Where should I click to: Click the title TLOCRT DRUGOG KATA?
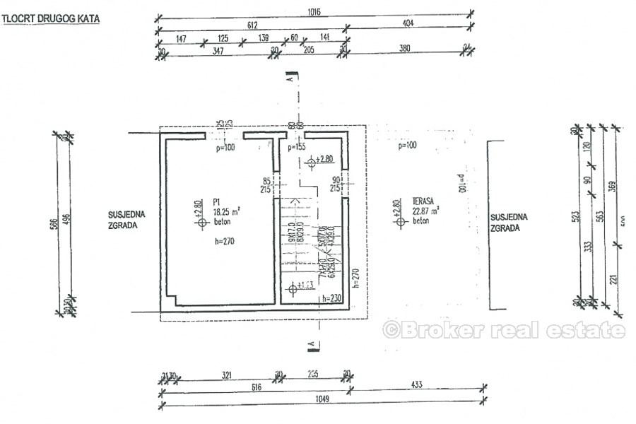click(51, 20)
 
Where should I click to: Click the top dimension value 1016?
click(314, 11)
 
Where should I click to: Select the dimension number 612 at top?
click(251, 24)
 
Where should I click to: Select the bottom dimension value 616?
click(253, 387)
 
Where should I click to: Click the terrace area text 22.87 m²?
click(425, 211)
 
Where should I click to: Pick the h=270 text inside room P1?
click(224, 241)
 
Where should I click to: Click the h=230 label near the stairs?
click(331, 298)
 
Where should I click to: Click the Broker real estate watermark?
click(503, 330)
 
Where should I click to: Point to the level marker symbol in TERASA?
click(401, 221)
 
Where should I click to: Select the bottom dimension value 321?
click(227, 375)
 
